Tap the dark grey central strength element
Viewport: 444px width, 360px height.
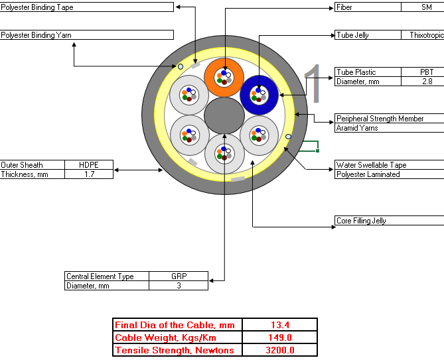224,115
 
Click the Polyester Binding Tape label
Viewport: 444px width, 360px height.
37,7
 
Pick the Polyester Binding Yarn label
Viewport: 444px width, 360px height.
37,35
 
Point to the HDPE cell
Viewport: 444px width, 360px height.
89,165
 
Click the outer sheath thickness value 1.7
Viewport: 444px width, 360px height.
89,174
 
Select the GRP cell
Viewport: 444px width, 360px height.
179,276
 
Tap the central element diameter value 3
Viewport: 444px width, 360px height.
179,286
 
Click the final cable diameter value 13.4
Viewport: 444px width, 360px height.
280,325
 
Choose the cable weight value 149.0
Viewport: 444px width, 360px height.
280,337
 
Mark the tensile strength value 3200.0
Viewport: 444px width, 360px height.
280,350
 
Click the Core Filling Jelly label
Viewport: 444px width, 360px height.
361,221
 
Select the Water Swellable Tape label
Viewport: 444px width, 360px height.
371,165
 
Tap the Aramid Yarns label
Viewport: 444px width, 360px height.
357,128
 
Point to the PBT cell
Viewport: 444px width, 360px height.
427,72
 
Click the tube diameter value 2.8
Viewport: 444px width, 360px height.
427,82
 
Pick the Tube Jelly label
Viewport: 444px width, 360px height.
352,35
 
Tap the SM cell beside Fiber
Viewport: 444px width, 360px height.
427,7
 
